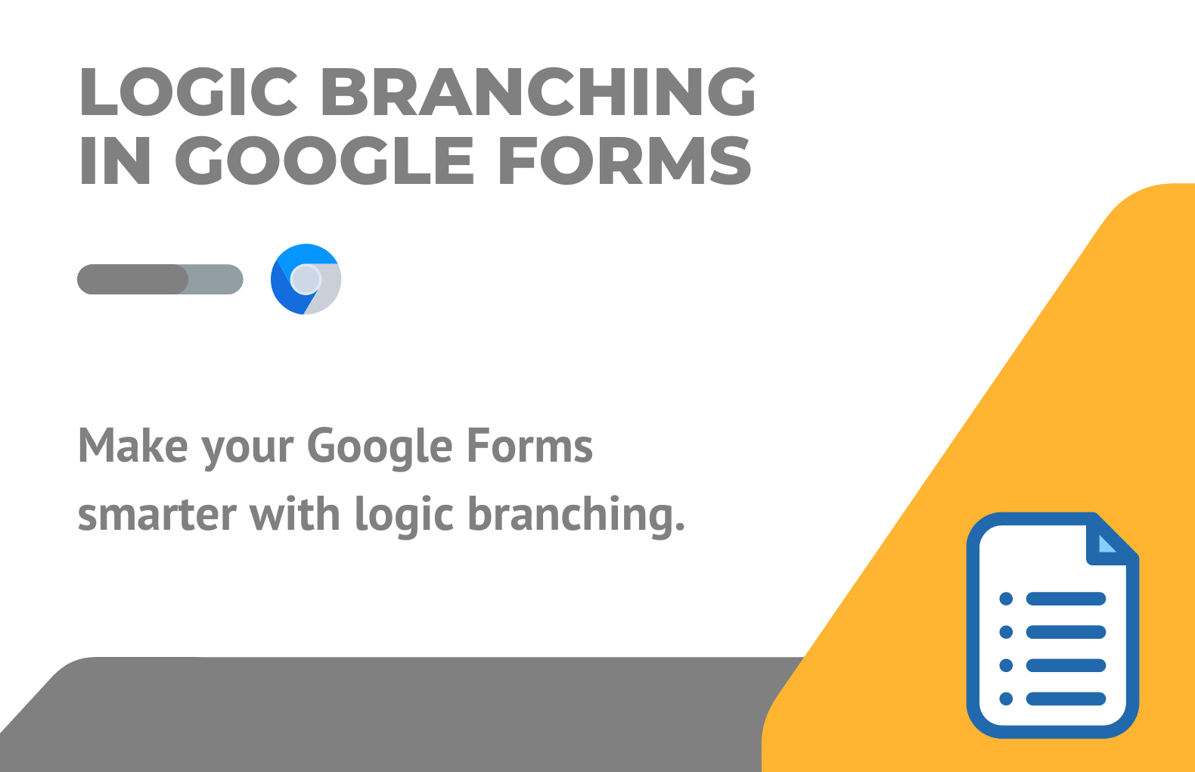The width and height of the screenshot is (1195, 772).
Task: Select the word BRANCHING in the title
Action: pos(539,92)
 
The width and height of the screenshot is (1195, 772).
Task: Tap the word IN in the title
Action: pos(115,160)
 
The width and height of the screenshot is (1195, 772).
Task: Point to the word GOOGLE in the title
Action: pos(324,160)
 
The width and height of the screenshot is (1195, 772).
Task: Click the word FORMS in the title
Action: pos(625,160)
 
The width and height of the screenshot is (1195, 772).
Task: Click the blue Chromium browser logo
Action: pos(306,279)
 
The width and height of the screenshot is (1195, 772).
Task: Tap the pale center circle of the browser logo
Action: pos(306,279)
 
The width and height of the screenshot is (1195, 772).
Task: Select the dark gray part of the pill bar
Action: pos(133,279)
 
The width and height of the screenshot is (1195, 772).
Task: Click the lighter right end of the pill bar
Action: pos(216,279)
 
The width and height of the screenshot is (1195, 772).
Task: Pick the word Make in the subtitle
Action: pos(133,446)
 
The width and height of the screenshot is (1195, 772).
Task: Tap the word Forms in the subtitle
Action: pos(529,446)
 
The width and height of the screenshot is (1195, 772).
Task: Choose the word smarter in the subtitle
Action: pos(157,515)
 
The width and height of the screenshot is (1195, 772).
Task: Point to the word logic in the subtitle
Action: pos(405,517)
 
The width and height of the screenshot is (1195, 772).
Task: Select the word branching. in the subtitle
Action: pos(576,517)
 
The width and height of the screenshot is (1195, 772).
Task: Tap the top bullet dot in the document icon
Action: pos(1006,599)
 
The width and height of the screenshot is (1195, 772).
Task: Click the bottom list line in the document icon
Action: pos(1066,699)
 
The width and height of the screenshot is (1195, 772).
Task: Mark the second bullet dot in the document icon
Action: pos(1006,632)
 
